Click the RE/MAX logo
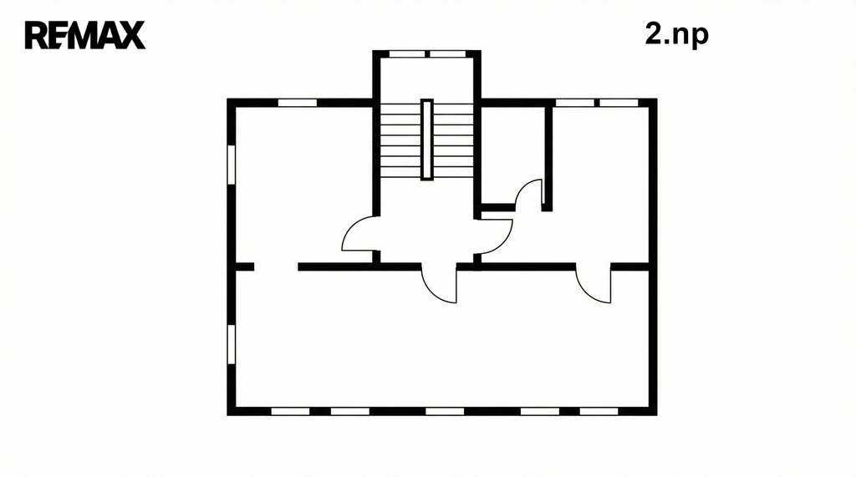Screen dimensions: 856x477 click(x=85, y=35)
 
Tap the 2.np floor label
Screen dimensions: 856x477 click(x=676, y=34)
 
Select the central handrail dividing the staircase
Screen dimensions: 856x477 click(x=427, y=140)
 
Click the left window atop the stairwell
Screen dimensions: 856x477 click(x=407, y=54)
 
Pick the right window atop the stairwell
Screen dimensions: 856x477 click(x=448, y=54)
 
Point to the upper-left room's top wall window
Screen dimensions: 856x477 click(x=298, y=103)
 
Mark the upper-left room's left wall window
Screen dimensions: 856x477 click(x=231, y=165)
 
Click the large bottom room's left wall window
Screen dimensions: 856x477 click(x=231, y=344)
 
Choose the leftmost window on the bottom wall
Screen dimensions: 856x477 click(x=290, y=412)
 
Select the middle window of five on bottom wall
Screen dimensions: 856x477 click(x=445, y=412)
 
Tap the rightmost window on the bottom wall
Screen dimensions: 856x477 click(x=599, y=412)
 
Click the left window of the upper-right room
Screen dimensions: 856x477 click(x=575, y=103)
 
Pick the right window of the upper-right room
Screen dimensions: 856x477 click(x=619, y=103)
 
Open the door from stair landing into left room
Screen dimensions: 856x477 click(x=360, y=234)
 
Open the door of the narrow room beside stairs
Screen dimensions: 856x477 click(x=529, y=195)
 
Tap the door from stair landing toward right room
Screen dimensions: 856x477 click(x=494, y=236)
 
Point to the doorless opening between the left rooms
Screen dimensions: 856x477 click(x=276, y=266)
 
